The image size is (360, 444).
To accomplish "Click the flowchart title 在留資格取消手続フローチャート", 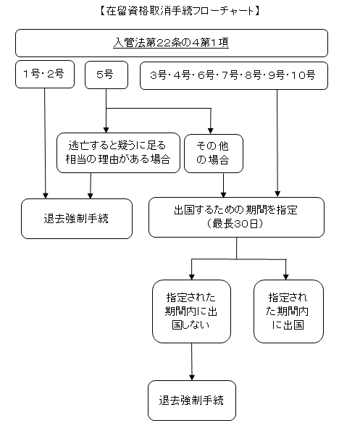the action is [180, 11].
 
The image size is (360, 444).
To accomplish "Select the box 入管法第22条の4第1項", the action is [172, 43].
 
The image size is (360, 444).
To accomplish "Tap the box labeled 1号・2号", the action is [45, 74].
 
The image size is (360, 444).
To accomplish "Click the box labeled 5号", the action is [106, 75].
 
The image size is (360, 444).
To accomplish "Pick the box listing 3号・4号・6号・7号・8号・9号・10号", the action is [234, 75].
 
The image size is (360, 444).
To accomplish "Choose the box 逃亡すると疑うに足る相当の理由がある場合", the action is [118, 153].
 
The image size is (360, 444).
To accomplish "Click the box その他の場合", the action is [214, 154].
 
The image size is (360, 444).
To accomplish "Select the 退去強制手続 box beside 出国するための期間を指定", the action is [77, 219].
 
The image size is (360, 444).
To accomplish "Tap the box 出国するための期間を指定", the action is [236, 217].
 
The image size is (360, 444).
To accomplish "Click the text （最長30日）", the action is [235, 224].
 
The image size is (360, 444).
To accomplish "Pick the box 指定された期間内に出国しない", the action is [191, 311].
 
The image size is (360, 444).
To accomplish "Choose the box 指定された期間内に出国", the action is [288, 311].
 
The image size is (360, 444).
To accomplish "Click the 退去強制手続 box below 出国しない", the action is [192, 401].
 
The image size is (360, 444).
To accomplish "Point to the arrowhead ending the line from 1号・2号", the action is [46, 196].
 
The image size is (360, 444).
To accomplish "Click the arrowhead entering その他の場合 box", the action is [211, 131].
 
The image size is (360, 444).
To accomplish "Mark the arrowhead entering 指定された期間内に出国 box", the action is [286, 277].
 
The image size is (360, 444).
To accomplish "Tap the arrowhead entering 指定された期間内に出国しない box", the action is [192, 277].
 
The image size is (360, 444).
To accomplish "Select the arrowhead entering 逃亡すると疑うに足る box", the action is [106, 130].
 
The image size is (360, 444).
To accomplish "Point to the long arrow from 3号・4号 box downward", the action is [277, 143].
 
